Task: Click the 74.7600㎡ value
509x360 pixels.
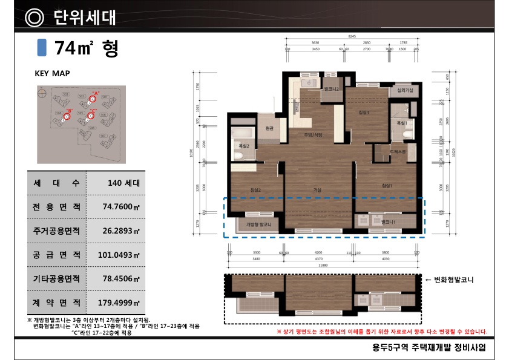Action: click(x=121, y=206)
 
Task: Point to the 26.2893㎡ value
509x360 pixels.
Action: click(x=121, y=231)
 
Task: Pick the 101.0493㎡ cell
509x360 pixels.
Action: click(x=119, y=255)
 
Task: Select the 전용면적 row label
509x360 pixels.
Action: click(x=57, y=206)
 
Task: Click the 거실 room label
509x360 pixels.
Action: click(x=317, y=190)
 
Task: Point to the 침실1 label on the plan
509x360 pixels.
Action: click(x=387, y=185)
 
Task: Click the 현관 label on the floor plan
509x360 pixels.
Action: click(x=269, y=128)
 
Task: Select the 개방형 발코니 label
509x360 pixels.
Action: click(x=258, y=225)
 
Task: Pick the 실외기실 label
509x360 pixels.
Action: click(x=404, y=90)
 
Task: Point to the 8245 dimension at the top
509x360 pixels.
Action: click(x=352, y=36)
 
